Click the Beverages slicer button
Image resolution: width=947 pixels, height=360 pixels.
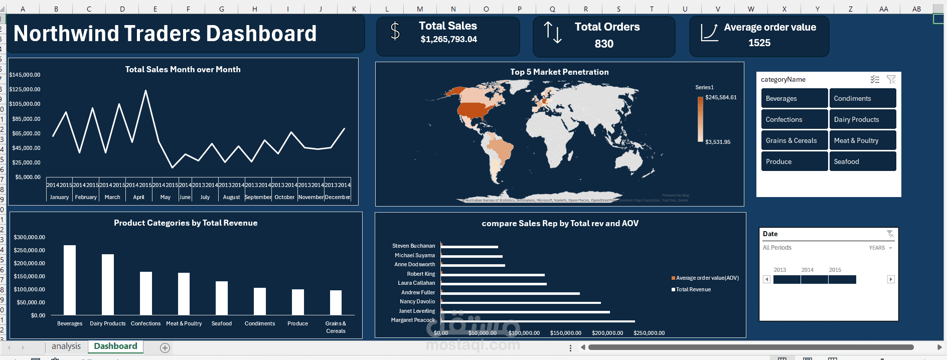(x=794, y=98)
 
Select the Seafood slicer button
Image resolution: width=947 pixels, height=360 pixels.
(x=862, y=161)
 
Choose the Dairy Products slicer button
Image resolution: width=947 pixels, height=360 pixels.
(x=862, y=119)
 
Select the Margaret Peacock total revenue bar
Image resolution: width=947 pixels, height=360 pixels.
(x=537, y=321)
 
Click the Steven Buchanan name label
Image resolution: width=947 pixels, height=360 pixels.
(x=413, y=246)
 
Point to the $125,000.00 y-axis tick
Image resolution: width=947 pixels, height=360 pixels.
(x=25, y=89)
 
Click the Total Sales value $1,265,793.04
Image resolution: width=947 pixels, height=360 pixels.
(x=448, y=39)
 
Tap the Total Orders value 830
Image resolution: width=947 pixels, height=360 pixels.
(x=604, y=44)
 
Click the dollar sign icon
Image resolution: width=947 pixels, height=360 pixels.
(x=395, y=31)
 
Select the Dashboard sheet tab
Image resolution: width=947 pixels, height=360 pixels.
(x=115, y=346)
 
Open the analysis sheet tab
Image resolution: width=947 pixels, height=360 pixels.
(x=66, y=346)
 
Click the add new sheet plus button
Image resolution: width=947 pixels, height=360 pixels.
(x=165, y=347)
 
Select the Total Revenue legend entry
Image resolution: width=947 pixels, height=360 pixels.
(x=693, y=289)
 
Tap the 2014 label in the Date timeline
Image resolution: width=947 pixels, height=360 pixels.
(x=807, y=270)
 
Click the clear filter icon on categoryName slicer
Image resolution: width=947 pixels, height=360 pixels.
(x=891, y=79)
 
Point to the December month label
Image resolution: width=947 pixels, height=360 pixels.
(x=337, y=197)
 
